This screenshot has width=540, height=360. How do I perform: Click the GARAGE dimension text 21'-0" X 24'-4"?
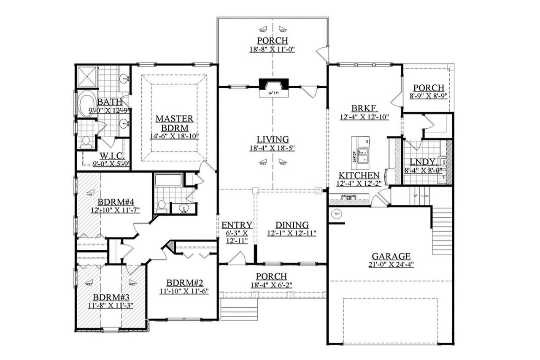coord(391,265)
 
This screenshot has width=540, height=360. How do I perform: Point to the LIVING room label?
coord(273,139)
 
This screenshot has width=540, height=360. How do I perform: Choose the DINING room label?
coord(292,225)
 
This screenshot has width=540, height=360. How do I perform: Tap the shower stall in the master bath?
coord(86,77)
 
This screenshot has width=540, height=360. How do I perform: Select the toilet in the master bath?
coord(86,142)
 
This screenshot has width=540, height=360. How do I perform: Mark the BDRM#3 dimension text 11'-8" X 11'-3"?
coord(111,305)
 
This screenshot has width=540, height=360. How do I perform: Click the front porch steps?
coord(239,310)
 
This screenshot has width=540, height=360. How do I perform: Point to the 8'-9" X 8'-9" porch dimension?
coord(428,96)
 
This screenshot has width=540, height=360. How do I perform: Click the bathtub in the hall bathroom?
coord(168,181)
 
